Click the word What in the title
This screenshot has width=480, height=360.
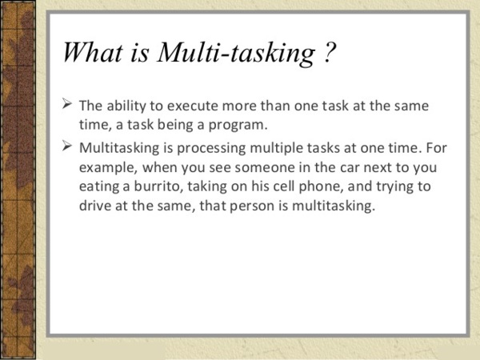coord(93,52)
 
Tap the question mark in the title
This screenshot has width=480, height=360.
coord(330,52)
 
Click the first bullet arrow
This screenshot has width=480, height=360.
coord(67,103)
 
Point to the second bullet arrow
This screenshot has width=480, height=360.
coord(67,146)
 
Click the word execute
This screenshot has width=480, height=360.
coord(193,106)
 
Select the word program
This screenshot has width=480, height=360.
coord(238,126)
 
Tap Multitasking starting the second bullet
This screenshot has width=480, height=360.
coord(119,149)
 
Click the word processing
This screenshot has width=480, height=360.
coord(211,149)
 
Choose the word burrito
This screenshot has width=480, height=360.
coord(158,186)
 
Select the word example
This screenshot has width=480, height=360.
coord(108,168)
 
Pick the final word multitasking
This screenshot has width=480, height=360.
coord(333,206)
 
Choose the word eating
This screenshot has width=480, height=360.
coord(99,187)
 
